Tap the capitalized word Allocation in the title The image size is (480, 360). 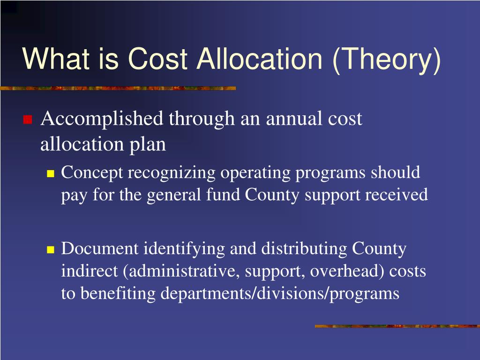(x=259, y=60)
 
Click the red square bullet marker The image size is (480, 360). (x=27, y=120)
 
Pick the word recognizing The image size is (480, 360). (x=171, y=173)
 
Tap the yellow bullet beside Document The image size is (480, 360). (x=51, y=250)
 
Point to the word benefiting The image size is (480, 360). (x=119, y=293)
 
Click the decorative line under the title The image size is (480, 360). (x=117, y=88)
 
